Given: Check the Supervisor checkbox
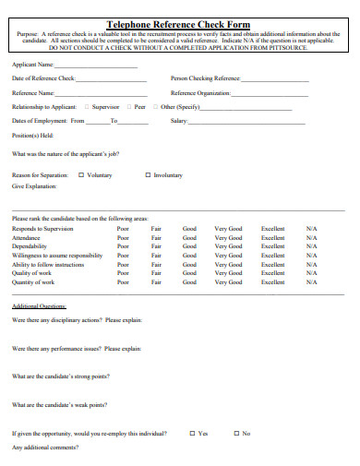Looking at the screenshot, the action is (x=88, y=107).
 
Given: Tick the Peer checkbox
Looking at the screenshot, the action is (x=129, y=107).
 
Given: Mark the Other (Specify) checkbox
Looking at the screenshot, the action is (x=156, y=107).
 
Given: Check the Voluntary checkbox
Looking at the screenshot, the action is (x=80, y=174).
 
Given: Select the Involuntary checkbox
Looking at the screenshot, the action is (x=148, y=174).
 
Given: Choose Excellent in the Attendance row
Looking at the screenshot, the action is (x=273, y=238).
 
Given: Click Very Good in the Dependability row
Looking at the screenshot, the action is (x=228, y=246).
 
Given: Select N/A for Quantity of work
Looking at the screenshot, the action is (x=311, y=282).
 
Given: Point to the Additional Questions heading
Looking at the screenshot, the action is (x=39, y=305).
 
